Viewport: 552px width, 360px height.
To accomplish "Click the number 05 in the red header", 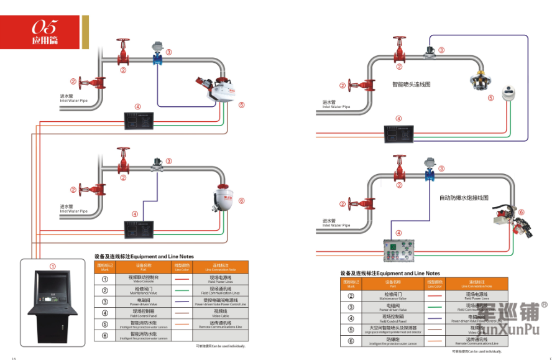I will pyautogui.click(x=45, y=26).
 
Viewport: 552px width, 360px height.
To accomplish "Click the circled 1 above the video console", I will pyautogui.click(x=52, y=265).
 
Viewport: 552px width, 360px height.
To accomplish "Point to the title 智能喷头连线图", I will pyautogui.click(x=411, y=84).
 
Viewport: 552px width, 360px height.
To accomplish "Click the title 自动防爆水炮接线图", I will pyautogui.click(x=464, y=198).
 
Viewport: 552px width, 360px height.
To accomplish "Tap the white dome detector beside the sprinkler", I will pyautogui.click(x=509, y=93).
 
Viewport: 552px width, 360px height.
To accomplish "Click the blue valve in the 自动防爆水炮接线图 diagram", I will pyautogui.click(x=428, y=173).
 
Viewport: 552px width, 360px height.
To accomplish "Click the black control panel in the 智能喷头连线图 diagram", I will pyautogui.click(x=398, y=133).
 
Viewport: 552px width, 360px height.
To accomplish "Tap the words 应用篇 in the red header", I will pyautogui.click(x=44, y=42).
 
